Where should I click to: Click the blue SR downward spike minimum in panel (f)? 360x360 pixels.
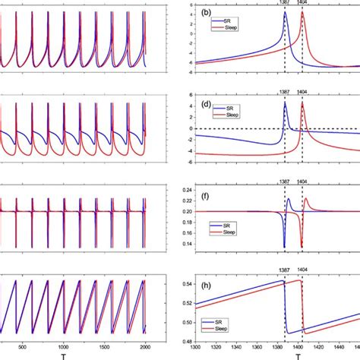285,248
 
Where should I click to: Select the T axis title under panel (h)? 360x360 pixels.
298,354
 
